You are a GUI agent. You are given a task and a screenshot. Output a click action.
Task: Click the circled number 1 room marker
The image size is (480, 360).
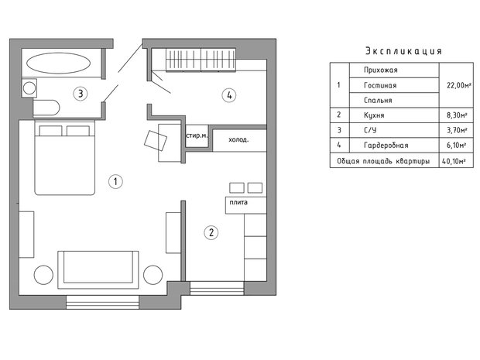115,181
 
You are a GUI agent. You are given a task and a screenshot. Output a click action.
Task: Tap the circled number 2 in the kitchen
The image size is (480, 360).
211,233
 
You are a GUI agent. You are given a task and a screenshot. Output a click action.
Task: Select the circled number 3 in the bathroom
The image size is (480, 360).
81,94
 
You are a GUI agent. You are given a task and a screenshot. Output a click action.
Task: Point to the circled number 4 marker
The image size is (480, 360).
229,95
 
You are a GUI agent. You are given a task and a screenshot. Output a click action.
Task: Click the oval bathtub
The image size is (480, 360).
58,63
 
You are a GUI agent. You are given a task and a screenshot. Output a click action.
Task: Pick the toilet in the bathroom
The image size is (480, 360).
46,108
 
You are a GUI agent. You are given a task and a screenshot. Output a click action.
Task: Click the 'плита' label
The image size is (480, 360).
238,202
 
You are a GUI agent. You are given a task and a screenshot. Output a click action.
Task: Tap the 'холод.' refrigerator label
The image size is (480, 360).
238,140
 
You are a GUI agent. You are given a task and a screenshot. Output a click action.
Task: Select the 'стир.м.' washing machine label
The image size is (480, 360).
197,135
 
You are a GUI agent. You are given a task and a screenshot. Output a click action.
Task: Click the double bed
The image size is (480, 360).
64,158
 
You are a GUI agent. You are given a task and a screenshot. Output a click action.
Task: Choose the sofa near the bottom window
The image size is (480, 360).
98,269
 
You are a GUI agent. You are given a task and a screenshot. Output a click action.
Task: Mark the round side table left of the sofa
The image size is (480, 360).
43,275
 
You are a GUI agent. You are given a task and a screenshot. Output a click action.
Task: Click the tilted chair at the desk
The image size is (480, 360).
156,140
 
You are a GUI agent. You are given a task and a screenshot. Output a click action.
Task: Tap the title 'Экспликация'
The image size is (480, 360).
404,51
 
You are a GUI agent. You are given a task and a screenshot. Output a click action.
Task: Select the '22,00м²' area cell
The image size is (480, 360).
458,85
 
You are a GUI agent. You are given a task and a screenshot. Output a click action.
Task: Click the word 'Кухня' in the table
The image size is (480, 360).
374,115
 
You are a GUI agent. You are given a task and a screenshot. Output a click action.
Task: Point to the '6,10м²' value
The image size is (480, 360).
457,145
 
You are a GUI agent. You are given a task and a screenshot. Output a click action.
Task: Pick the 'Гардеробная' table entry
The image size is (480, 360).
386,145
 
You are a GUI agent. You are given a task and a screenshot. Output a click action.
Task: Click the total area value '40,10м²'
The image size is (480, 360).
454,161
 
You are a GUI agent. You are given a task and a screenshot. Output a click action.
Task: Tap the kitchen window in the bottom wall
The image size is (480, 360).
217,288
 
